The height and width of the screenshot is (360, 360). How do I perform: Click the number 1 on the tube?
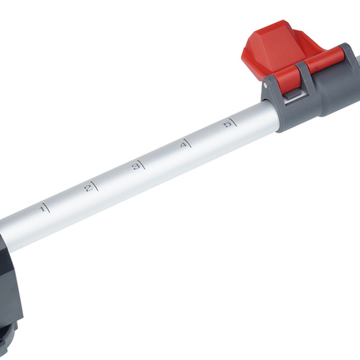pyautogui.click(x=43, y=209)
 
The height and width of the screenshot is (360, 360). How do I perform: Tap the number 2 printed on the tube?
pyautogui.click(x=88, y=188)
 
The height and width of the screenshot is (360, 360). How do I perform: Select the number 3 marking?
pyautogui.click(x=135, y=167)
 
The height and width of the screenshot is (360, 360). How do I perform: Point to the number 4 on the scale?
pyautogui.click(x=183, y=145)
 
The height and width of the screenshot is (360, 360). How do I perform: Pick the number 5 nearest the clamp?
pyautogui.click(x=229, y=125)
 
